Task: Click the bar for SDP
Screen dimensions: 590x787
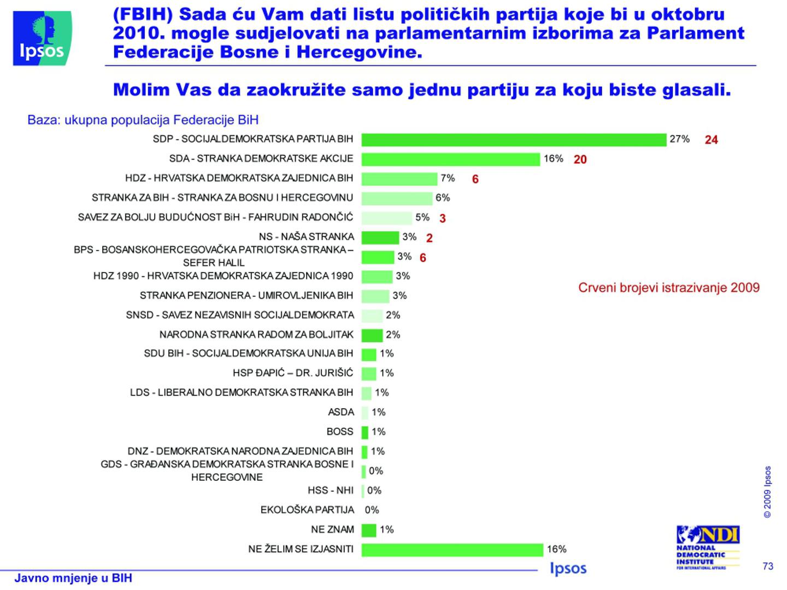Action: [x=514, y=140]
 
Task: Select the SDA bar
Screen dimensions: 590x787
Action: [x=450, y=160]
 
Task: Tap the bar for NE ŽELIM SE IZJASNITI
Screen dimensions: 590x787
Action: [x=452, y=550]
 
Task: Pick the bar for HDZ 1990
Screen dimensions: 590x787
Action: [x=377, y=276]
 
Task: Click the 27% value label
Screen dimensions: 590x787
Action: [x=679, y=139]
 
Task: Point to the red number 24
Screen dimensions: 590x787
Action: [x=711, y=140]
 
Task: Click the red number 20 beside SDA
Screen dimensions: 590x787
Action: [x=580, y=160]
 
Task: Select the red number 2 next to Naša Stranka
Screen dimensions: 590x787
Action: [x=430, y=238]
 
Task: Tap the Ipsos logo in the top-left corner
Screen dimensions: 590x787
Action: [x=42, y=38]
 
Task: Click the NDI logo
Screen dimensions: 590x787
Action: [x=708, y=546]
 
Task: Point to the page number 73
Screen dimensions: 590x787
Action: [x=768, y=566]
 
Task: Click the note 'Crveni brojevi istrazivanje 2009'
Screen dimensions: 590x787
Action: [x=668, y=288]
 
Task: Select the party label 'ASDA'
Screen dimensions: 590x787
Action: [x=341, y=412]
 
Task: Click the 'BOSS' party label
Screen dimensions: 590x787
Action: [x=340, y=432]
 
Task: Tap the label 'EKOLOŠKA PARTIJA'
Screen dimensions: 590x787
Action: [x=307, y=510]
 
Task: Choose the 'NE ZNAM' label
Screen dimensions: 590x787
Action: [x=332, y=530]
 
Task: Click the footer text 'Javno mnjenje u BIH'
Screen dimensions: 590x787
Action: [x=73, y=578]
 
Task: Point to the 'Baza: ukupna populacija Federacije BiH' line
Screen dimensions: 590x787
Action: [x=143, y=120]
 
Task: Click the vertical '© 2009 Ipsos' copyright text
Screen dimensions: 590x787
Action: [x=768, y=492]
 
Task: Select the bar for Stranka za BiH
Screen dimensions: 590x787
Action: [x=397, y=198]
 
